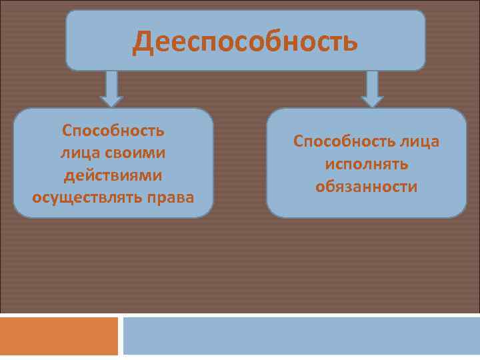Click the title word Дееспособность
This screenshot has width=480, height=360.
point(245,41)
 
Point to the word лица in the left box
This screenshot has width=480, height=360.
point(79,153)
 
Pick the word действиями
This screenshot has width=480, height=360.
point(113,175)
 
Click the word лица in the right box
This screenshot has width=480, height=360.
point(420,141)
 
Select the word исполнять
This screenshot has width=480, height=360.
point(367,164)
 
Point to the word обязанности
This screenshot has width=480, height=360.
point(367,187)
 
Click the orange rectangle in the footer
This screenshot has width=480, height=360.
point(59,336)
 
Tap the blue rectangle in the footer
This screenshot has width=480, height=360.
point(301,336)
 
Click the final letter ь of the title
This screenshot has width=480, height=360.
point(351,41)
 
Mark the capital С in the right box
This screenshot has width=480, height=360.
point(298,141)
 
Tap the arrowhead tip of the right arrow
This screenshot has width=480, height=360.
point(372,106)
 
